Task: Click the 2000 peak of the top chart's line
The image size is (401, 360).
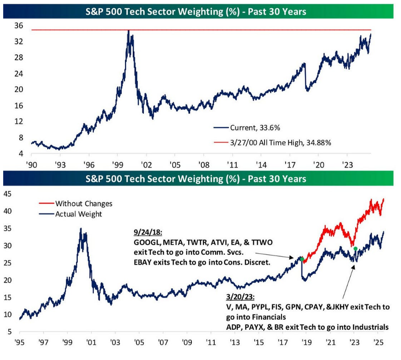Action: [129, 31]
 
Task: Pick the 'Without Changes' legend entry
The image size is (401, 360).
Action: [83, 203]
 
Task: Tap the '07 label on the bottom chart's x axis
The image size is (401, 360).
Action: [163, 342]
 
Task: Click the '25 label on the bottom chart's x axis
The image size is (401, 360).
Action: [378, 342]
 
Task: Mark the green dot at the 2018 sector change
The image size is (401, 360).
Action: [302, 259]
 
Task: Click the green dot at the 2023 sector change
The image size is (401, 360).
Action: [355, 249]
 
